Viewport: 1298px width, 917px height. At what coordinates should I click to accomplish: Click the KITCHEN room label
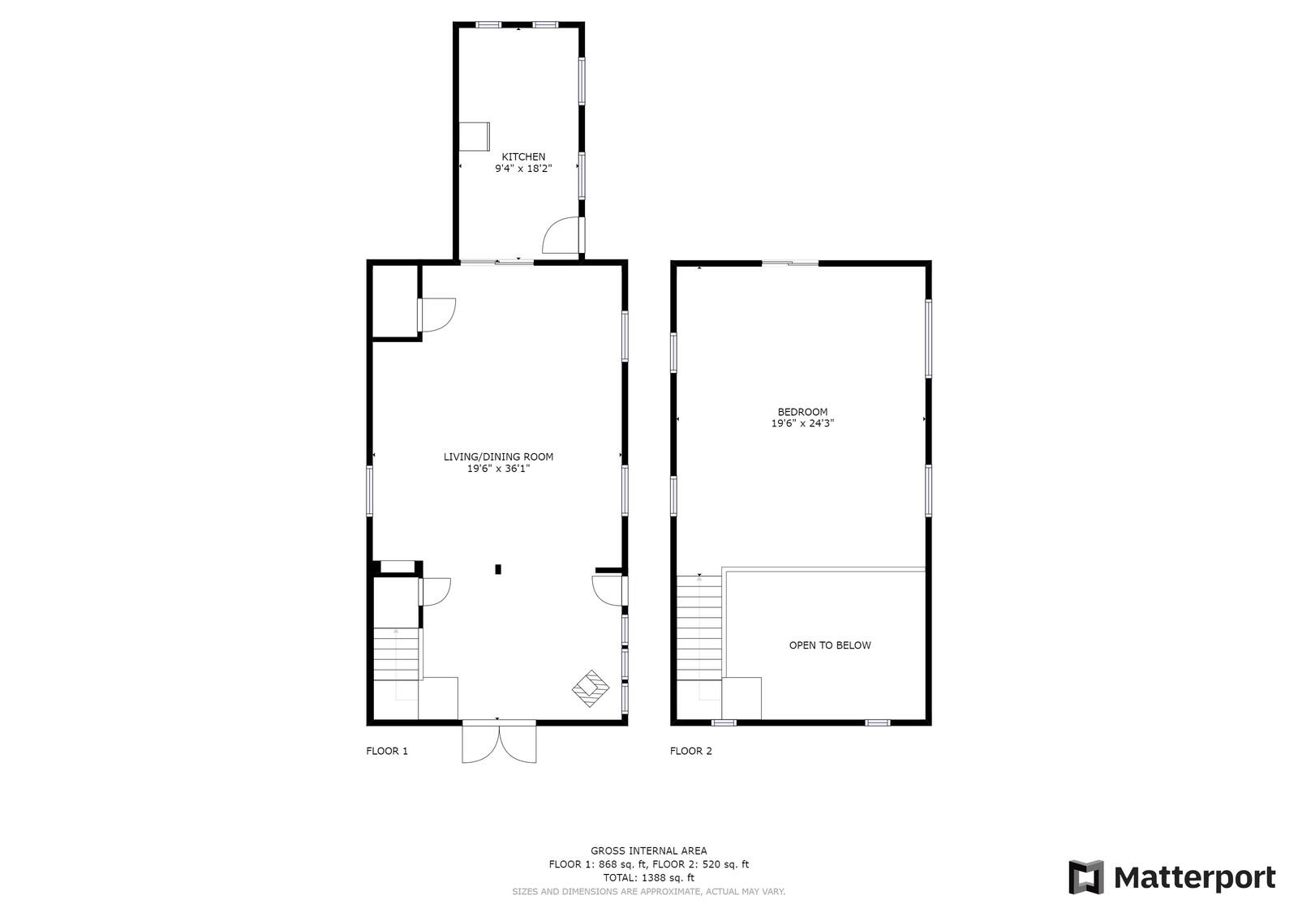coord(523,156)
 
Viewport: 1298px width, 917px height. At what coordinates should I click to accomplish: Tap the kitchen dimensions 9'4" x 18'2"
coord(523,169)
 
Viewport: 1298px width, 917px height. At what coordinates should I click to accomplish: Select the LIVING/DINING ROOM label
coord(498,456)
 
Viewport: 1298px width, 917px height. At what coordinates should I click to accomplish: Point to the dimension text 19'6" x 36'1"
coord(498,469)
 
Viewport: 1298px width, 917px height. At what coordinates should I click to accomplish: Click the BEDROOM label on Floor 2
coord(802,412)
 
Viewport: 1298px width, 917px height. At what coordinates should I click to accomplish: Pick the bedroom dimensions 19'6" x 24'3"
coord(802,423)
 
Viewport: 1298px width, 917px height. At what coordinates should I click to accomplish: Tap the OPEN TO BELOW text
coord(830,645)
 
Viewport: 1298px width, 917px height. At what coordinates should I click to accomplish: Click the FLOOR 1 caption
coord(387,751)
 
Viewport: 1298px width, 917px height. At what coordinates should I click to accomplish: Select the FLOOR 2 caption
coord(691,751)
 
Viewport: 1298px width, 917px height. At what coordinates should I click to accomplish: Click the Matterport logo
coord(1171,877)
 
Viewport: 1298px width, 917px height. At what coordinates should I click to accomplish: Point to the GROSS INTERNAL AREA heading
coord(648,851)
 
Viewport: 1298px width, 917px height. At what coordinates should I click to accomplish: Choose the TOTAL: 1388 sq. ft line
coord(648,877)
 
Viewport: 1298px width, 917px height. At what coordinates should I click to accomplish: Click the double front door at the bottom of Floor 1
coord(499,742)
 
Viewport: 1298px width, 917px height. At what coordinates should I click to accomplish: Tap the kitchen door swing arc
coord(559,237)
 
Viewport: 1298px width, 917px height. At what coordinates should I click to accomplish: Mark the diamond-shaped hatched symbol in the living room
coord(591,688)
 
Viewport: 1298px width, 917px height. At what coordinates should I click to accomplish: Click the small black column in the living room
coord(498,569)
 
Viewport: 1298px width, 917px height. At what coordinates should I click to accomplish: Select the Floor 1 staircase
coord(397,655)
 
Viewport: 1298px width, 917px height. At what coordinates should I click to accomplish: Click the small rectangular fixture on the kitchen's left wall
coord(474,135)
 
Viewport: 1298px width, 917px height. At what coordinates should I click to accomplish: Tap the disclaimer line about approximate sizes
coord(648,892)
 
